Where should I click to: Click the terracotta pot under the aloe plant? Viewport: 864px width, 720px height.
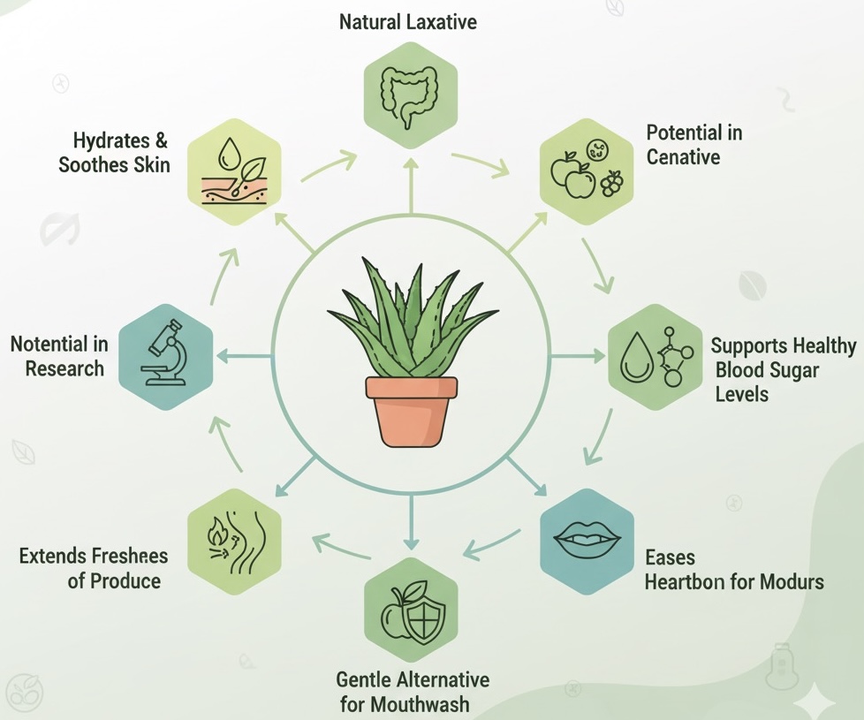point(412,410)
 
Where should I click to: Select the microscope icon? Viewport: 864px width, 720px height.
point(165,356)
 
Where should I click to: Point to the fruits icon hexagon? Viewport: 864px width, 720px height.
point(587,171)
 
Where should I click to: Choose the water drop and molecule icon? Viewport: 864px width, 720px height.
point(655,356)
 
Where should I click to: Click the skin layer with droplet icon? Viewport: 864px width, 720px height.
point(234,170)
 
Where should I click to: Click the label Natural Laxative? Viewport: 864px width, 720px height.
point(408,21)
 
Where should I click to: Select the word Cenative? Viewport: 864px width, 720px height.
point(683,158)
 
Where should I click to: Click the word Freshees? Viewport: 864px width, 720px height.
point(129,556)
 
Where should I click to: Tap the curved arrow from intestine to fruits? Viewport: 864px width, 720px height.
point(481,164)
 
